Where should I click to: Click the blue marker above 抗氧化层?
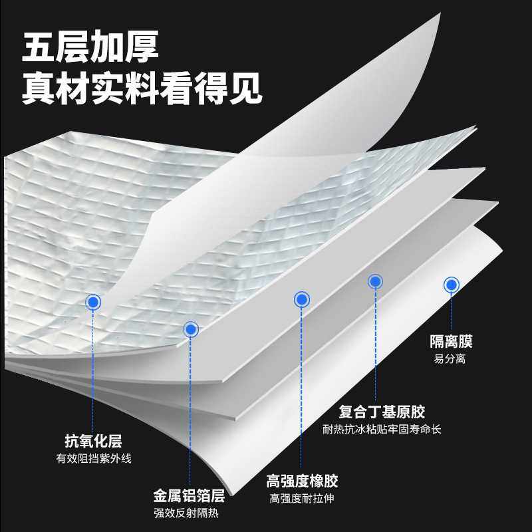pyautogui.click(x=94, y=303)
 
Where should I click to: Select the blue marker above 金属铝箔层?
pyautogui.click(x=191, y=329)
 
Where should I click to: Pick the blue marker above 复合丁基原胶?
pyautogui.click(x=376, y=281)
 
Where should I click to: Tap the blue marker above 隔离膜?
pyautogui.click(x=452, y=285)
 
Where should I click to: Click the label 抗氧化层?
pyautogui.click(x=93, y=441)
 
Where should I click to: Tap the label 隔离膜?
pyautogui.click(x=451, y=342)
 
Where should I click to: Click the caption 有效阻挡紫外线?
pyautogui.click(x=93, y=458)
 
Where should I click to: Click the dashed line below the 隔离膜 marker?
pyautogui.click(x=452, y=313)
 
